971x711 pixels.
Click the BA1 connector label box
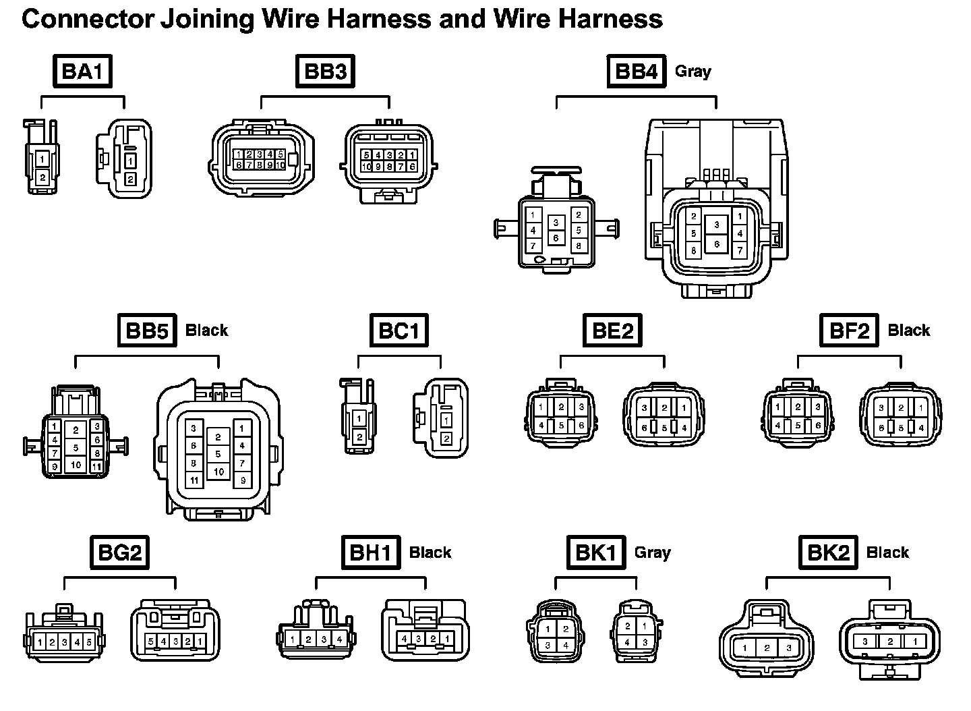click(82, 72)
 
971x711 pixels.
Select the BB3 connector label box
click(325, 72)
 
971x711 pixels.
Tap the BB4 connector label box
click(637, 72)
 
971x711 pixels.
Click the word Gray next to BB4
click(693, 72)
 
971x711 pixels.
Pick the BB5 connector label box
click(147, 331)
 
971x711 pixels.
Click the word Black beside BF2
click(908, 331)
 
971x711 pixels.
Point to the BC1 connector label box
click(399, 331)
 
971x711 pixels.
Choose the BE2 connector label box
click(612, 331)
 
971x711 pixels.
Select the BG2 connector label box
click(119, 552)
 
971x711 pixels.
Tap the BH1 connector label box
click(370, 552)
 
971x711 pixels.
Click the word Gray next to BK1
click(652, 552)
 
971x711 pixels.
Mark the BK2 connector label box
click(829, 552)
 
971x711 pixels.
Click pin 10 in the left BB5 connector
click(76, 465)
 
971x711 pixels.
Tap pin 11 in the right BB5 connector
click(194, 481)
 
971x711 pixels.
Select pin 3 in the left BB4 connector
click(556, 222)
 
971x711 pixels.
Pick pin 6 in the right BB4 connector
click(716, 244)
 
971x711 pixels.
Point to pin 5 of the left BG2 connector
click(89, 642)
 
